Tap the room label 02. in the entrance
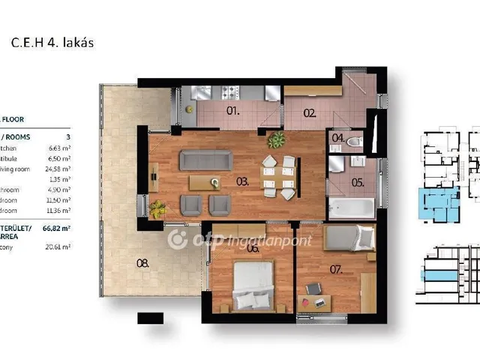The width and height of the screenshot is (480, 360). point(310,113)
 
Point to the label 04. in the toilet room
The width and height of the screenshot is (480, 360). point(338,139)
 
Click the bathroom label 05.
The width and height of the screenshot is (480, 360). point(357,181)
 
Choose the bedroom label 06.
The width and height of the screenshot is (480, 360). point(253,248)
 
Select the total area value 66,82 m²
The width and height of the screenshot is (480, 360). point(56,228)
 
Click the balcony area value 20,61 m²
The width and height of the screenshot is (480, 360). point(58,247)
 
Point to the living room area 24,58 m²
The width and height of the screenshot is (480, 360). point(57,169)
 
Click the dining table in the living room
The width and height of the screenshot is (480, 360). point(278,176)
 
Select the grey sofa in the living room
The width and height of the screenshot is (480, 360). point(205,160)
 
